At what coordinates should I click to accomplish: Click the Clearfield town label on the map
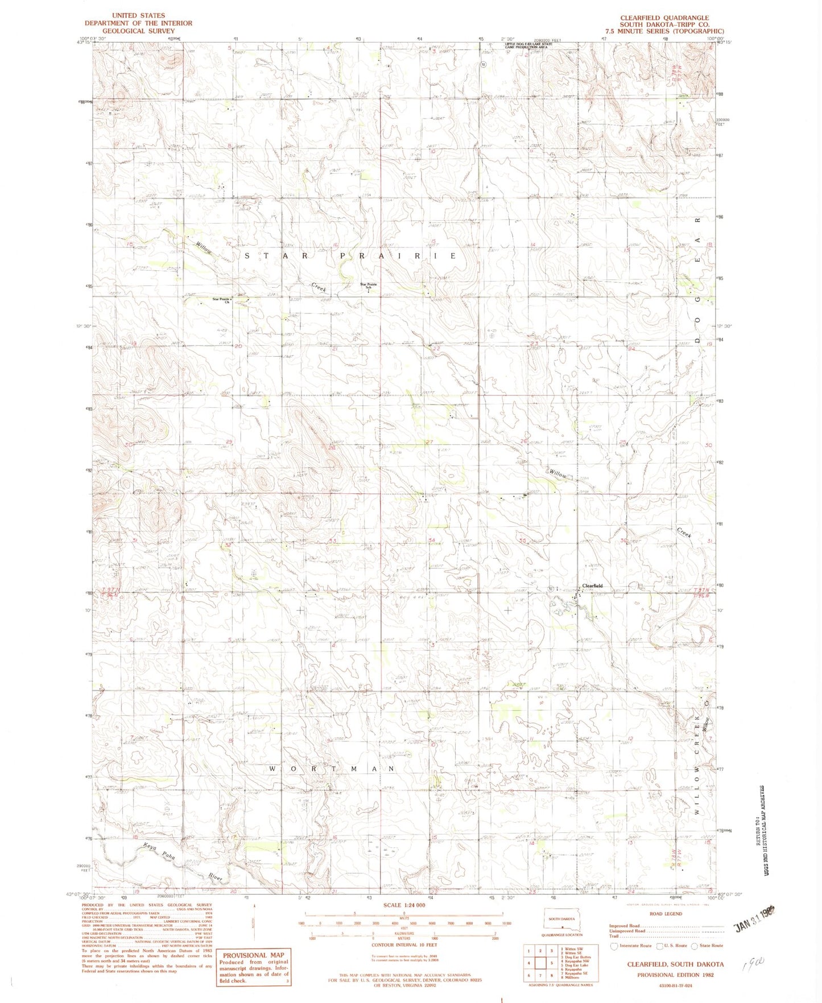pos(591,585)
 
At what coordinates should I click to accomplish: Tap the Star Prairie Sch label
pos(369,286)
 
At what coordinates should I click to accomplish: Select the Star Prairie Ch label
pos(221,300)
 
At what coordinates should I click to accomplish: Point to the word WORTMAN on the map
pos(332,769)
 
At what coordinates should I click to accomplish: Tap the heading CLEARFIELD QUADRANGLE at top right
pos(664,18)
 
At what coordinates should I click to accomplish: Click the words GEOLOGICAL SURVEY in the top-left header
pos(138,31)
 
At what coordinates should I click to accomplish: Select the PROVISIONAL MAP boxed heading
pos(253,955)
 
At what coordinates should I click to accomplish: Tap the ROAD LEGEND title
pos(665,914)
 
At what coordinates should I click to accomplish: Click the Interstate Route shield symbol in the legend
pos(614,946)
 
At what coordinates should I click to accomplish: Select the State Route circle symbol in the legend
pos(694,946)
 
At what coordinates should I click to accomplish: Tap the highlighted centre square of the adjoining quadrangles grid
pos(540,963)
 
